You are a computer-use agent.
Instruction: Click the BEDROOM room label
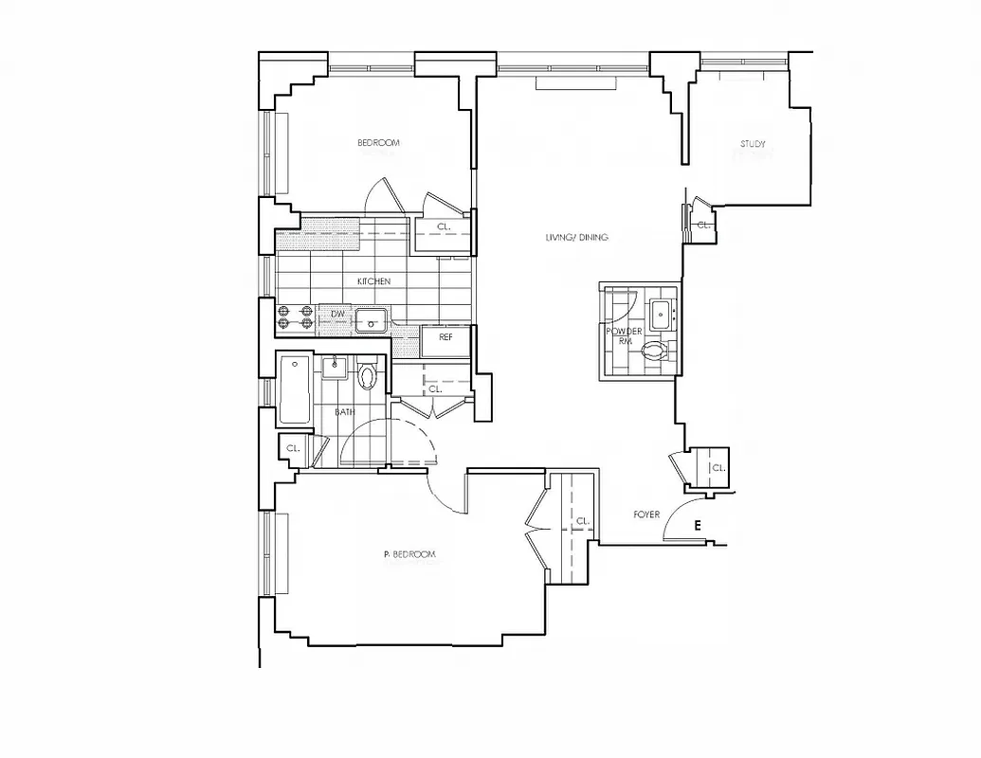[378, 143]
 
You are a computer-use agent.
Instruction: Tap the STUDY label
[753, 144]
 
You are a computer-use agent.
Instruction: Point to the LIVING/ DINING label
[576, 237]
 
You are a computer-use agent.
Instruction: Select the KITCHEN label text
[373, 281]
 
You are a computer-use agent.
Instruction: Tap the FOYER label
[646, 514]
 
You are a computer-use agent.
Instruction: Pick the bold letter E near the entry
[699, 526]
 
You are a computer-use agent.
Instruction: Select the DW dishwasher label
[337, 314]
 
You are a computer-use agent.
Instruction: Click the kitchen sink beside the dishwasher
[370, 319]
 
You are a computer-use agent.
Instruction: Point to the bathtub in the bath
[293, 389]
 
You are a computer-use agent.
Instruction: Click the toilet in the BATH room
[369, 376]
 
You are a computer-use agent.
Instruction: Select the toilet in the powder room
[655, 352]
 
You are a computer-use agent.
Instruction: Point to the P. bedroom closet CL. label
[583, 521]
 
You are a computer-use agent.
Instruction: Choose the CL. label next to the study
[703, 226]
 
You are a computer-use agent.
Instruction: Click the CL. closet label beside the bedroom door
[444, 226]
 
